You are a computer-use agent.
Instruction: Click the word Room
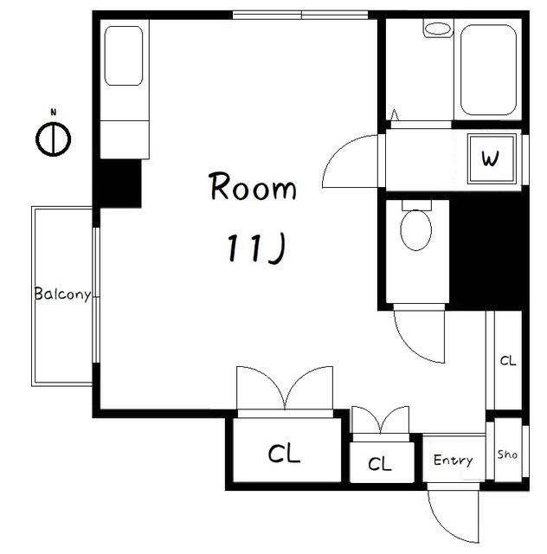click(x=253, y=186)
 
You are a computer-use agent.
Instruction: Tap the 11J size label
click(x=255, y=248)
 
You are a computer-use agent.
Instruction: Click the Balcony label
click(x=62, y=294)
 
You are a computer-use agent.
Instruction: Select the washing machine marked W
click(x=491, y=159)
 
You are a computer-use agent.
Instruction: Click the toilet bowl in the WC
click(x=416, y=229)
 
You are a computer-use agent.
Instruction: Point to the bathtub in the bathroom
click(x=488, y=70)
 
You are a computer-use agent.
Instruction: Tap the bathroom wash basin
click(x=437, y=29)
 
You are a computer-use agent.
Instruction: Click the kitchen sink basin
click(x=124, y=55)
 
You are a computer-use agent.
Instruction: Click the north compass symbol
click(x=54, y=139)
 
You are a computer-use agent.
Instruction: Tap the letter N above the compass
click(x=54, y=113)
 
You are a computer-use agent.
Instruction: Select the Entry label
click(x=453, y=460)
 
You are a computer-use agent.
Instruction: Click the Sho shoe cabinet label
click(x=507, y=454)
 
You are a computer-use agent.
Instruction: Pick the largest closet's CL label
click(x=284, y=454)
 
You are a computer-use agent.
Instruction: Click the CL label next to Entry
click(x=380, y=464)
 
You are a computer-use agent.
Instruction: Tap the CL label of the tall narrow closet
click(x=508, y=361)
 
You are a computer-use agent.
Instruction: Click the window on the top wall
click(x=300, y=15)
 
